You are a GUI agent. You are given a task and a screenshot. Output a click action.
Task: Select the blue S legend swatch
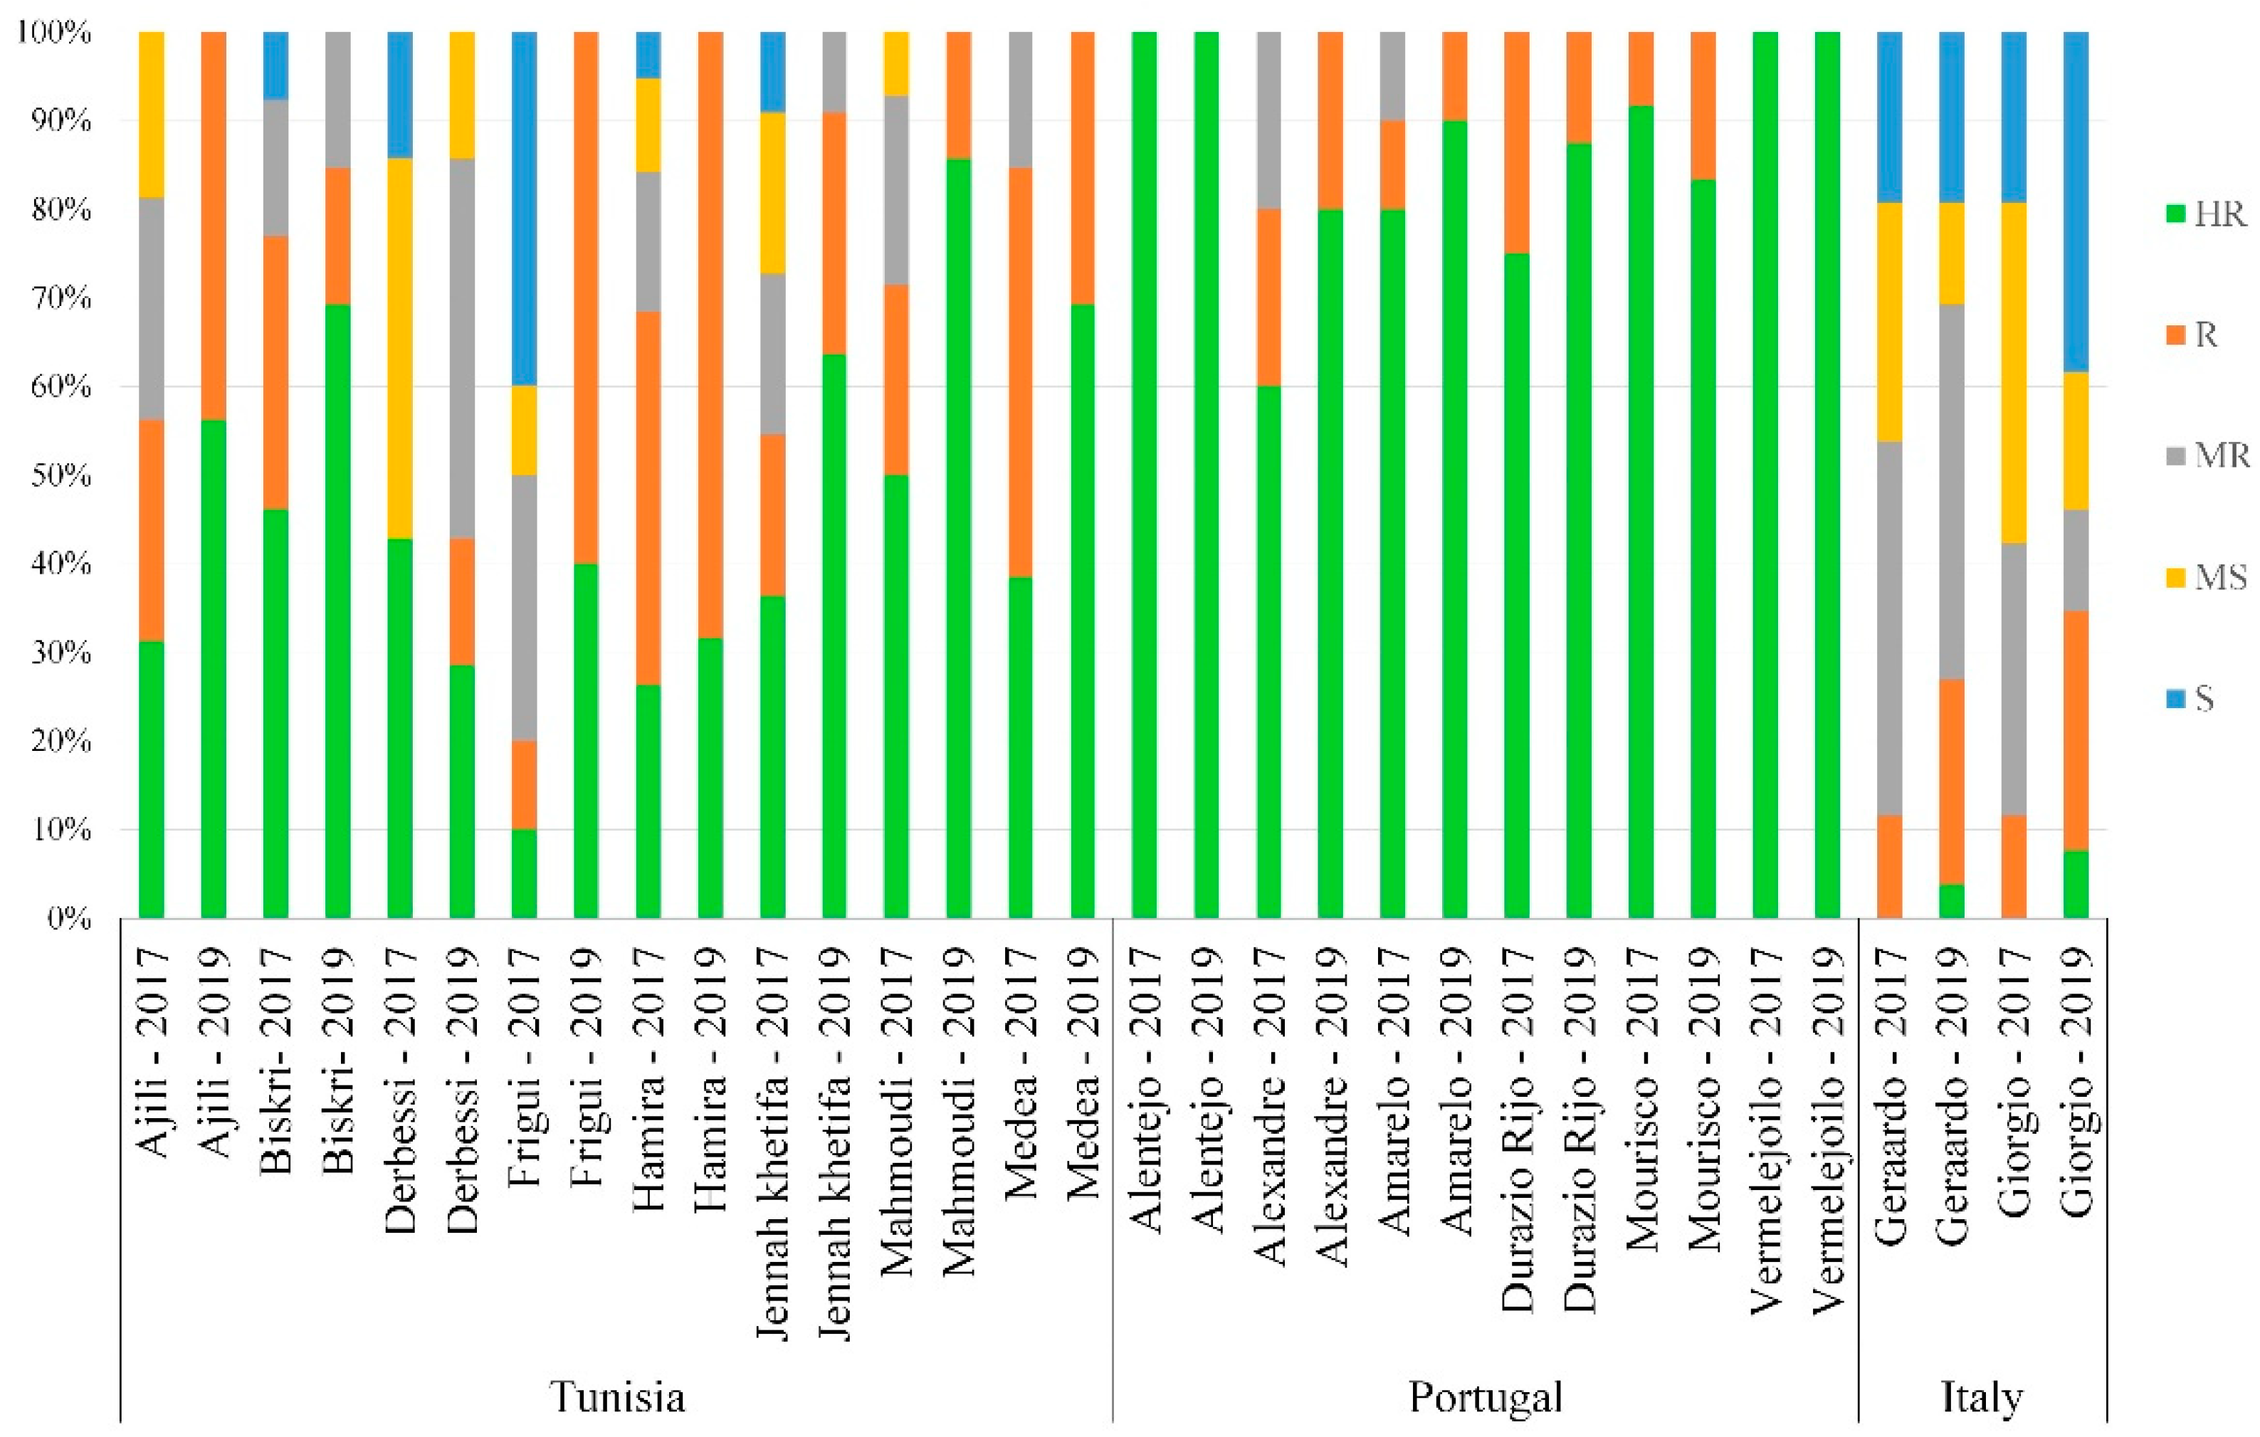pyautogui.click(x=2175, y=698)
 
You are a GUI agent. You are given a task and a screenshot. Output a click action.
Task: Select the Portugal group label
pyautogui.click(x=1485, y=1396)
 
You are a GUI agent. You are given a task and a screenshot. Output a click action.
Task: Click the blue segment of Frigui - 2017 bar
pyautogui.click(x=524, y=209)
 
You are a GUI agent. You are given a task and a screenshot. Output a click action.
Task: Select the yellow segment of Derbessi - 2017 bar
pyautogui.click(x=400, y=347)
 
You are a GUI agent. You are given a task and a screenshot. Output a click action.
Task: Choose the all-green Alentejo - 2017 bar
pyautogui.click(x=1144, y=475)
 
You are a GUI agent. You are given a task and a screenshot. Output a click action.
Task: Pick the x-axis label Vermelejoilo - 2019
pyautogui.click(x=1827, y=1131)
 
